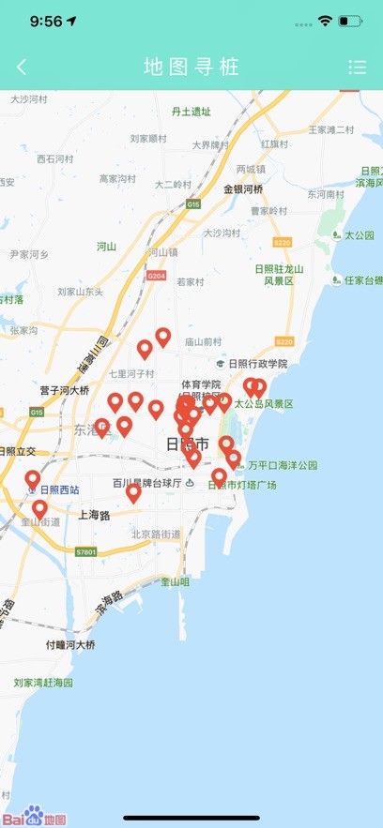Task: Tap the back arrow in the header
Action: [22, 67]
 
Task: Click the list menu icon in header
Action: [357, 67]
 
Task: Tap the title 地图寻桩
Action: [191, 67]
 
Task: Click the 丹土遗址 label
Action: [191, 112]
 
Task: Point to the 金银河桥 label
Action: [243, 188]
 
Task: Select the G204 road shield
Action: [156, 276]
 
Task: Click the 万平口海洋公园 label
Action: [283, 464]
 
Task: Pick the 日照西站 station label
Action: [59, 489]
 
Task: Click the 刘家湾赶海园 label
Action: [43, 683]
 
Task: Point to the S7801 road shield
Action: [86, 552]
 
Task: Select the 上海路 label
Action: [94, 515]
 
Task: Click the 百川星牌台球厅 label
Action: [146, 483]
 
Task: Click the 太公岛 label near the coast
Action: [358, 234]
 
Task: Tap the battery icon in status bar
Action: [350, 21]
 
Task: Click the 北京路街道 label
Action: [156, 534]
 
